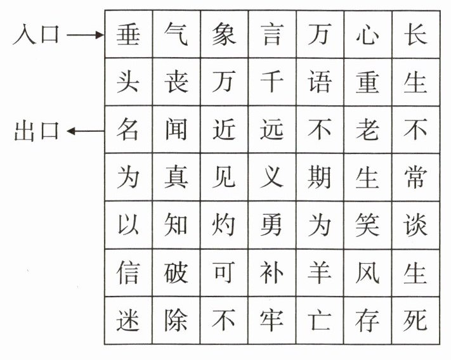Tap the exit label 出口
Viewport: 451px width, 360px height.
click(36, 131)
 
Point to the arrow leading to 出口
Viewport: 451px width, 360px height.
click(85, 131)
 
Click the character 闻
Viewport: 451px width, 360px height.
click(176, 130)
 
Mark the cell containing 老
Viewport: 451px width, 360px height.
click(367, 130)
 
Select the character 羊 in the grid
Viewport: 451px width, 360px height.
click(320, 273)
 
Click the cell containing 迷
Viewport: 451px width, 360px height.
click(128, 321)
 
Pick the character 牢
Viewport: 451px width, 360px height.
click(271, 321)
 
